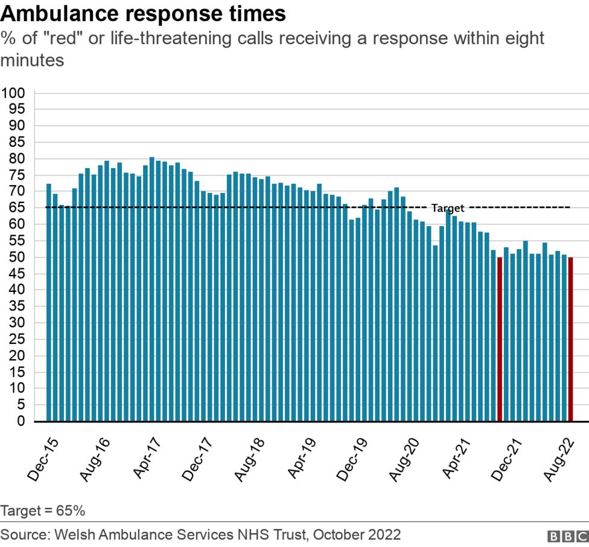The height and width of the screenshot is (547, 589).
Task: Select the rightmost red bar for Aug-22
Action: (570, 339)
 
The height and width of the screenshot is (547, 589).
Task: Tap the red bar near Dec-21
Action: (500, 339)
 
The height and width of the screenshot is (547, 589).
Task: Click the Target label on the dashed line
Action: (448, 209)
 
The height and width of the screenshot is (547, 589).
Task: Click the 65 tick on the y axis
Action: (16, 208)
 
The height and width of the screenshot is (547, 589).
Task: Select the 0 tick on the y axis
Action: (21, 421)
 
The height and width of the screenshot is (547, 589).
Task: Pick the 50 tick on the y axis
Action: (16, 257)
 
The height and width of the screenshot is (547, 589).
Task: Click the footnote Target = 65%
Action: (43, 511)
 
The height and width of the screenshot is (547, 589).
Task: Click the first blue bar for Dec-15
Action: (49, 302)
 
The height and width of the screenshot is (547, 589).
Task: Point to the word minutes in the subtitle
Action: (33, 61)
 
